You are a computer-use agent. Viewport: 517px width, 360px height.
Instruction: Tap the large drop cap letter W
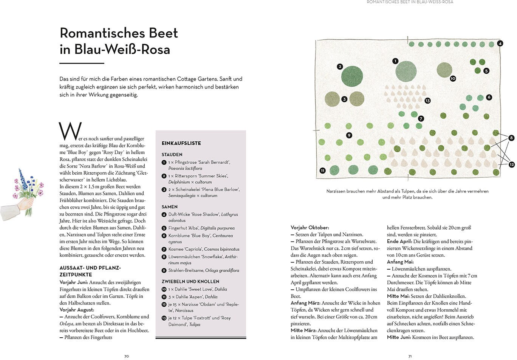pyautogui.click(x=70, y=131)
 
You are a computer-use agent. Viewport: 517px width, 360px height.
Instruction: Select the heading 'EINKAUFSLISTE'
pyautogui.click(x=181, y=143)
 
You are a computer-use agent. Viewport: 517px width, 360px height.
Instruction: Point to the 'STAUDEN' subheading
pyautogui.click(x=172, y=155)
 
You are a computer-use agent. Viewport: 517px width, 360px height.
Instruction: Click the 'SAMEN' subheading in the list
pyautogui.click(x=170, y=207)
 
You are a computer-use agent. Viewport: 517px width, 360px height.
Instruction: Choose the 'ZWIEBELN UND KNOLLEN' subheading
pyautogui.click(x=190, y=282)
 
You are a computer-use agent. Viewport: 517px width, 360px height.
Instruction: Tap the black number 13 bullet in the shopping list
pyautogui.click(x=164, y=318)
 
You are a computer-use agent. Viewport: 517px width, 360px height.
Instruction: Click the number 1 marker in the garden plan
pyautogui.click(x=395, y=61)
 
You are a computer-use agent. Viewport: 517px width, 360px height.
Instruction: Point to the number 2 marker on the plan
pyautogui.click(x=340, y=67)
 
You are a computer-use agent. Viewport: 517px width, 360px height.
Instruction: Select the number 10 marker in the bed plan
pyautogui.click(x=453, y=79)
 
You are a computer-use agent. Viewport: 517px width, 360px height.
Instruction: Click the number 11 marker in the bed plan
pyautogui.click(x=322, y=171)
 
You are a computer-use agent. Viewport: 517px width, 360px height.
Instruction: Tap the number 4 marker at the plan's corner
pyautogui.click(x=500, y=43)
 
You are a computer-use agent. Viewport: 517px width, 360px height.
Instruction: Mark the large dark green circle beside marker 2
pyautogui.click(x=352, y=76)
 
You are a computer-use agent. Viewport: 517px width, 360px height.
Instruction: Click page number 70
pyautogui.click(x=127, y=356)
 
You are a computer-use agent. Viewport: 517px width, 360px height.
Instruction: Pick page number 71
pyautogui.click(x=410, y=356)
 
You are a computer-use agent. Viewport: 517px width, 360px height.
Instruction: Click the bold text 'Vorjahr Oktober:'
pyautogui.click(x=310, y=228)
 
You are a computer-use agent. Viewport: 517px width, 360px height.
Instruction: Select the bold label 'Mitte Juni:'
pyautogui.click(x=399, y=337)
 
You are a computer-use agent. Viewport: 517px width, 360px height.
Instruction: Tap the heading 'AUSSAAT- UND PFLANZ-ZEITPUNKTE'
pyautogui.click(x=90, y=271)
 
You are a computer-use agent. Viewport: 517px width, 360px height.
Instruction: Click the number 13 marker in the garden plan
pyautogui.click(x=427, y=101)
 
